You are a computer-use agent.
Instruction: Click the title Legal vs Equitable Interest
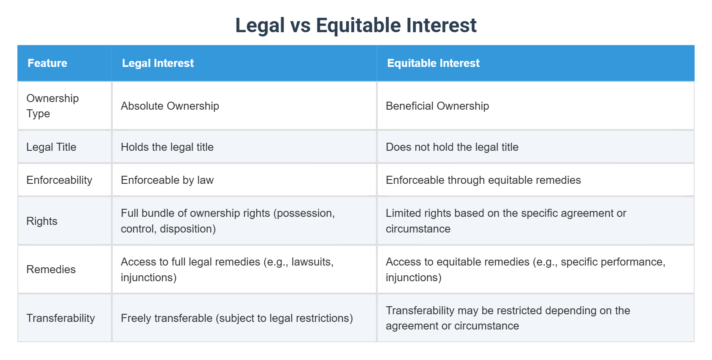(356, 25)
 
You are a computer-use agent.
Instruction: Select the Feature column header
(47, 63)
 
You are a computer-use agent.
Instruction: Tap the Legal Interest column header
(158, 63)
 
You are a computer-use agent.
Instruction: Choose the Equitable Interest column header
(433, 63)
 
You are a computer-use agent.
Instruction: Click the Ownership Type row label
(53, 106)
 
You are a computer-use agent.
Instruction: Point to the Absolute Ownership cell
(170, 106)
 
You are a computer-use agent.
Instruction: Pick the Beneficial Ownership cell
(437, 106)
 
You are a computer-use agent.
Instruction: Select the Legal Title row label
(51, 147)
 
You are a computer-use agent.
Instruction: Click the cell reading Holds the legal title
(167, 147)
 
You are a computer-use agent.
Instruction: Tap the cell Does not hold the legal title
(452, 147)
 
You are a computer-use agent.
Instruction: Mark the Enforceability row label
(59, 180)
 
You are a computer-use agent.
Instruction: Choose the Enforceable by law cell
(167, 180)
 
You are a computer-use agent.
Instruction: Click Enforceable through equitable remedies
(483, 180)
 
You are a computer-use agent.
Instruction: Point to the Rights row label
(42, 221)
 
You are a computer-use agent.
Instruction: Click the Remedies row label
(51, 269)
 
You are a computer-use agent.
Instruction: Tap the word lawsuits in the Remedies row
(312, 262)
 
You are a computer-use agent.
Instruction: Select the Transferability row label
(60, 318)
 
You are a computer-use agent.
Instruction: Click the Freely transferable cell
(237, 318)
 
